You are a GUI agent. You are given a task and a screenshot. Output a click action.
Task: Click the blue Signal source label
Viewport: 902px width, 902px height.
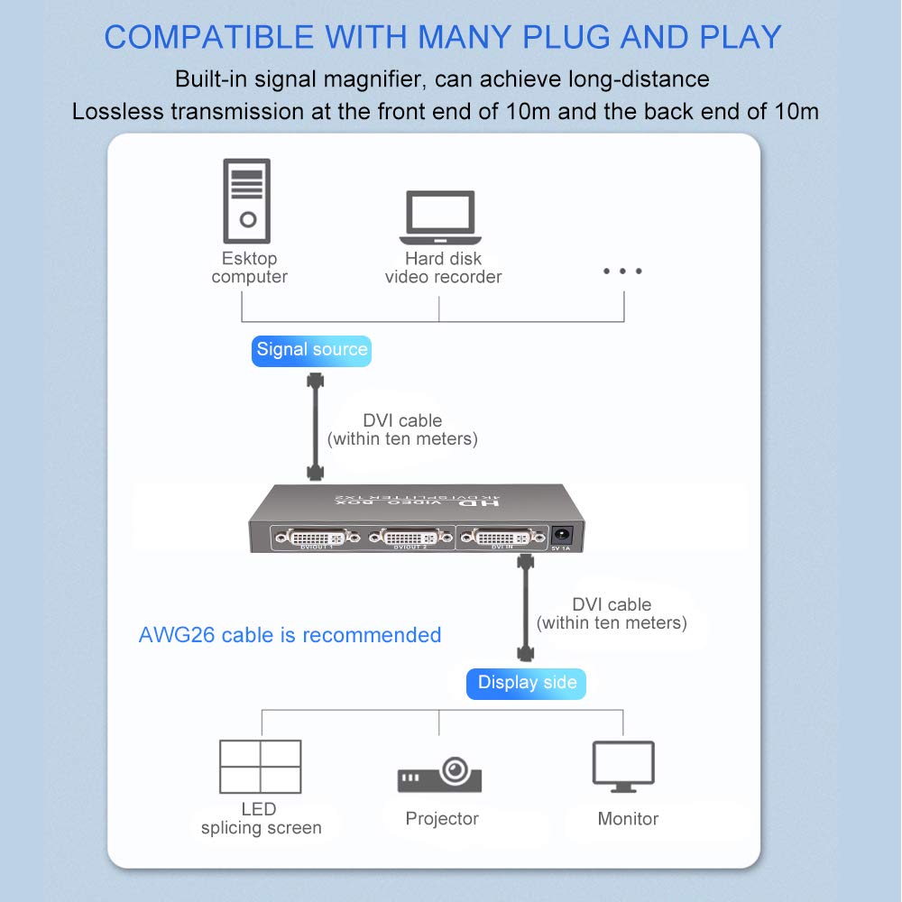(x=311, y=350)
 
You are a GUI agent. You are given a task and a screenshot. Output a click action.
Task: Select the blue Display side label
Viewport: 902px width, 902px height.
(x=527, y=683)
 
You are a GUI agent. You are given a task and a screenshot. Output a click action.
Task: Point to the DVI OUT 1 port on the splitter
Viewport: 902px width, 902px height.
(x=318, y=538)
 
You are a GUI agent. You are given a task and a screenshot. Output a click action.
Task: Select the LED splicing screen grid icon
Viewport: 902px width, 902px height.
(x=260, y=766)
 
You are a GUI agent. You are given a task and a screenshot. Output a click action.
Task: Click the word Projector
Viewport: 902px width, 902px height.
(x=441, y=819)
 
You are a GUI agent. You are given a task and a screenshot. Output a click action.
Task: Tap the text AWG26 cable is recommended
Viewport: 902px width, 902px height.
(x=290, y=635)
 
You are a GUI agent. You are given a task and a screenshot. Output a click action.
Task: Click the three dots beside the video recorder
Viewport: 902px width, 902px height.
(x=623, y=272)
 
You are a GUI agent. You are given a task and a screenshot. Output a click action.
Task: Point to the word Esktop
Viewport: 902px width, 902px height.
(x=249, y=259)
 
